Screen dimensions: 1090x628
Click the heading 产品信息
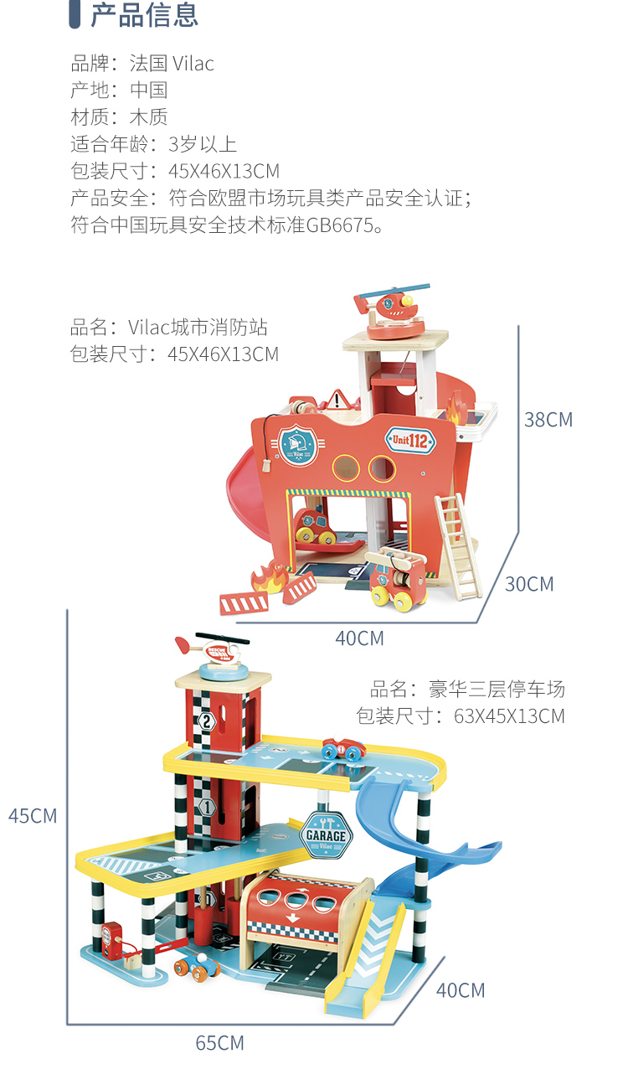coord(144,15)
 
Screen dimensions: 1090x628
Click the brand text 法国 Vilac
coord(172,64)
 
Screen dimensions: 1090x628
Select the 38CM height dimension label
coord(548,419)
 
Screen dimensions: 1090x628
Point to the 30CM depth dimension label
coord(529,584)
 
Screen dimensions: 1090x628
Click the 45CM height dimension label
coord(33,815)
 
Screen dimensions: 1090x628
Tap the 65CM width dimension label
coord(219,1043)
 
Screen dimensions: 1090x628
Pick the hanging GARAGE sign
coord(326,834)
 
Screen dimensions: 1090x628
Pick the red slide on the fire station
coord(242,478)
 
